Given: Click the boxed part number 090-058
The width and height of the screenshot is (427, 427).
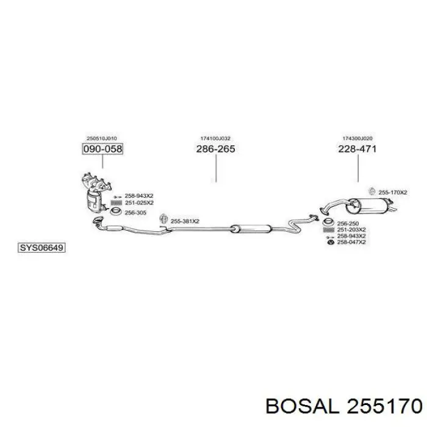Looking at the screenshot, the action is pyautogui.click(x=102, y=149).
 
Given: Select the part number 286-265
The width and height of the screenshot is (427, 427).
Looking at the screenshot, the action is pyautogui.click(x=216, y=149).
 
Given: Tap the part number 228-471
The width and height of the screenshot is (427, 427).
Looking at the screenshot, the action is pyautogui.click(x=357, y=149).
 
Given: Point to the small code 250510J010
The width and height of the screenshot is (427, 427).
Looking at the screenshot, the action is pyautogui.click(x=102, y=138).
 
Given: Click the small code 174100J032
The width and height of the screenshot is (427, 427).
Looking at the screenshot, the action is pyautogui.click(x=215, y=138).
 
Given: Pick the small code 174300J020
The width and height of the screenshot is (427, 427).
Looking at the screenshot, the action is pyautogui.click(x=357, y=138).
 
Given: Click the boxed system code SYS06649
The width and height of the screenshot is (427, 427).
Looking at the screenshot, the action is pyautogui.click(x=41, y=248).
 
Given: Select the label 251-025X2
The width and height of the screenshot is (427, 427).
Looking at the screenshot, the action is pyautogui.click(x=139, y=203).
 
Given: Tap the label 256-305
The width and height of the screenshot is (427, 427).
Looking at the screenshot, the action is pyautogui.click(x=135, y=213).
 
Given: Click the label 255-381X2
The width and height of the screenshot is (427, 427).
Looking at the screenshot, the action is pyautogui.click(x=185, y=221).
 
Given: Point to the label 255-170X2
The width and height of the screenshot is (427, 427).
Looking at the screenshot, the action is pyautogui.click(x=393, y=193).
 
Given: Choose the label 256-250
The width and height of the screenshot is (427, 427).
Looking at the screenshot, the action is pyautogui.click(x=348, y=224).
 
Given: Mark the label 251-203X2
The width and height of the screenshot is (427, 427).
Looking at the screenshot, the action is pyautogui.click(x=351, y=230).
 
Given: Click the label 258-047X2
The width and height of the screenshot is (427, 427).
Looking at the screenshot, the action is pyautogui.click(x=351, y=242).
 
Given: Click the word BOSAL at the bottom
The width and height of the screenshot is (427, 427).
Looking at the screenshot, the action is pyautogui.click(x=303, y=407).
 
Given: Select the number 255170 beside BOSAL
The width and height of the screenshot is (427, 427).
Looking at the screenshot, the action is pyautogui.click(x=384, y=407).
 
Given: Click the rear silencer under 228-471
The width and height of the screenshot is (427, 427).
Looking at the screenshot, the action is pyautogui.click(x=371, y=206).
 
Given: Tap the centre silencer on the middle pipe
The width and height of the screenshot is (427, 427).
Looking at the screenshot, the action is pyautogui.click(x=251, y=229).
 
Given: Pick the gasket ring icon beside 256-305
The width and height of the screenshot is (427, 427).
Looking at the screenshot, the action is pyautogui.click(x=116, y=211).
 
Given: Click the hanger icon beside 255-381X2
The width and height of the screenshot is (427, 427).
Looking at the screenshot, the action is pyautogui.click(x=163, y=219).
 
